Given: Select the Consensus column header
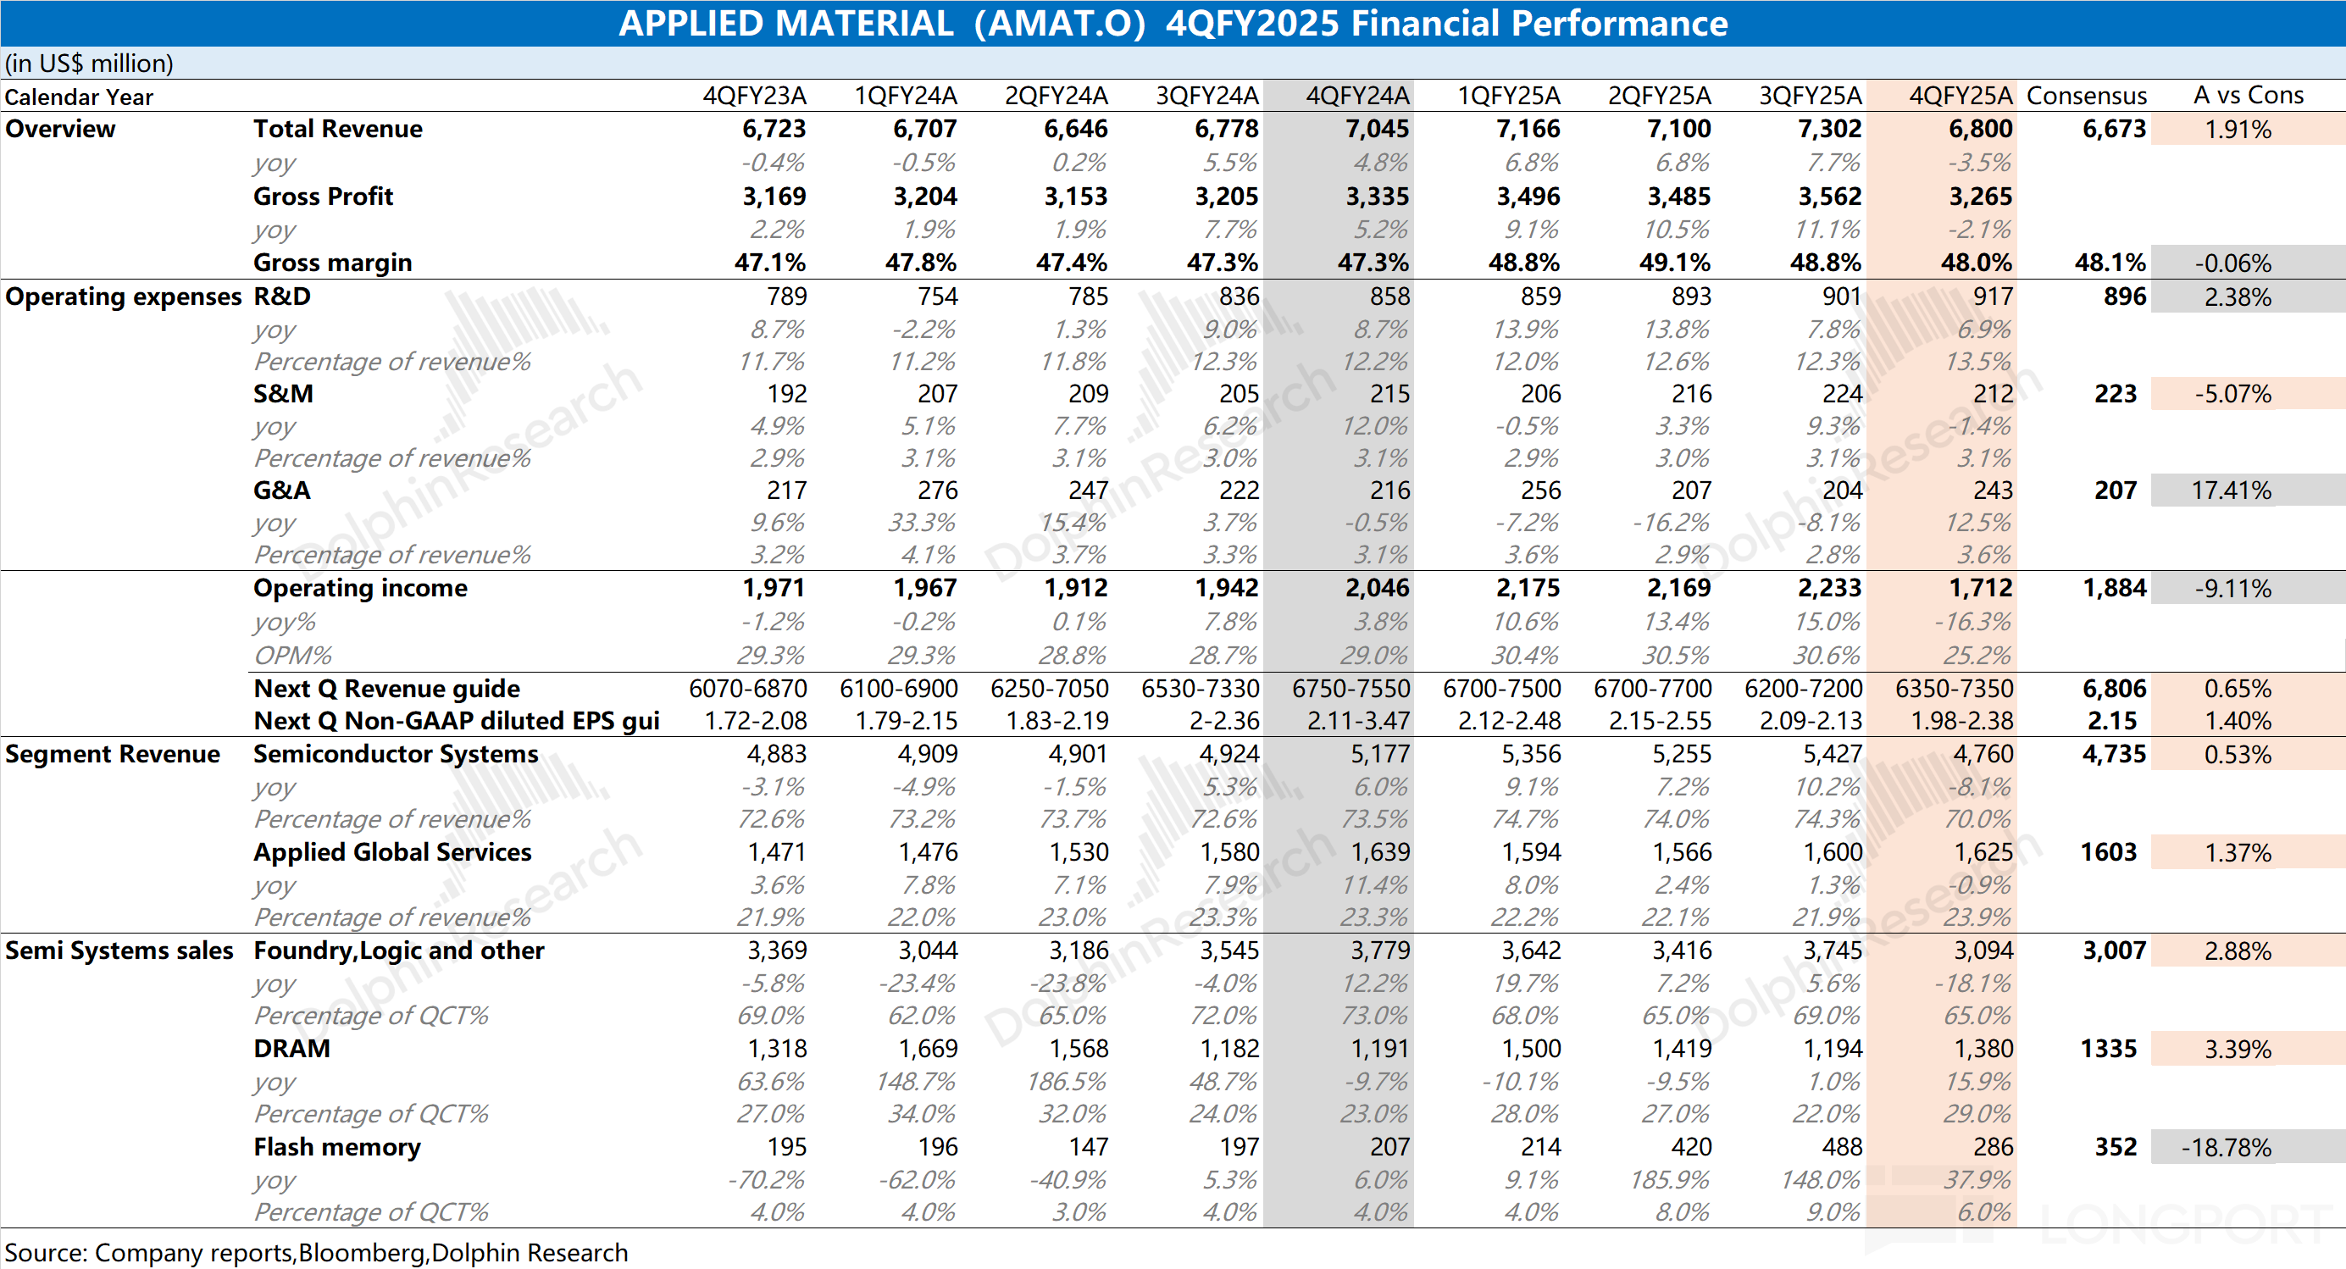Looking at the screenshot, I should [x=2086, y=96].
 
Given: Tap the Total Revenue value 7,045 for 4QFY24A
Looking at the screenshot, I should [x=1376, y=130].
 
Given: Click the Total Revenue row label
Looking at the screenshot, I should [x=337, y=130].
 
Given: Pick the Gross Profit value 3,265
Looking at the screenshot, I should [x=1980, y=197].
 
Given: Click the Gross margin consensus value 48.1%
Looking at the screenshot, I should [x=2110, y=263].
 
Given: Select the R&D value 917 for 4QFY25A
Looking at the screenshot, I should [x=1992, y=296].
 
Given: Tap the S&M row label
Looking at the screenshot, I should [x=282, y=394].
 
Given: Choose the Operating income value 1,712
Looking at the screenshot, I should [x=1980, y=588].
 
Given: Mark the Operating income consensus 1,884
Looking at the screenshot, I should [x=2114, y=588].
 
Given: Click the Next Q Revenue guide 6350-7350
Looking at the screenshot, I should [x=1954, y=689].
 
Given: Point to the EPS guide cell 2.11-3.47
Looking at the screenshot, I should [x=1358, y=721].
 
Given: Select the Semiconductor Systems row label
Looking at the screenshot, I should [x=396, y=755].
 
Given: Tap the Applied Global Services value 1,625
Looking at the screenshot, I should [x=1983, y=853].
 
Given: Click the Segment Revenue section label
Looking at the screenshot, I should [x=112, y=755].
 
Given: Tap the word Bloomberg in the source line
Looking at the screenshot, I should [x=362, y=1254].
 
